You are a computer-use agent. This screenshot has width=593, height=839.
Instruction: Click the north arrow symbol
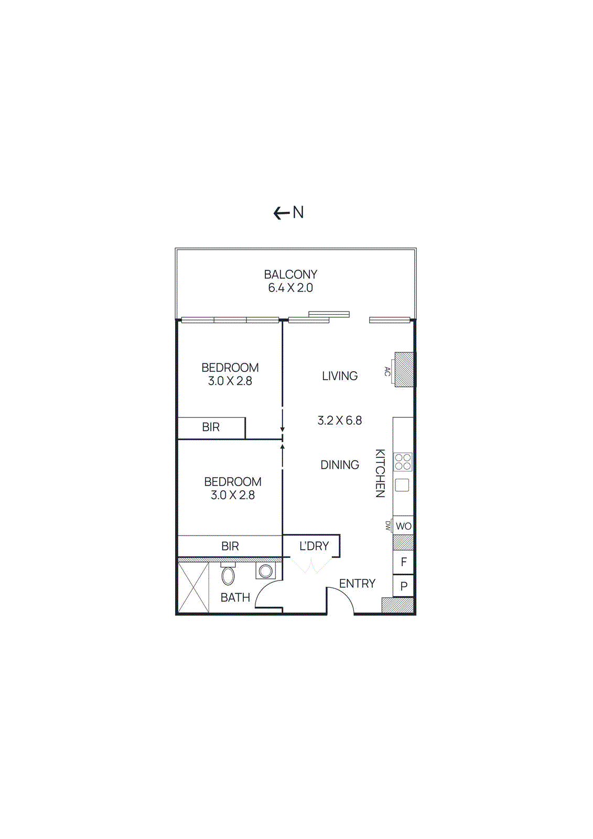pyautogui.click(x=282, y=213)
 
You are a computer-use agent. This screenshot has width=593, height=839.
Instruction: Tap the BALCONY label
pyautogui.click(x=290, y=274)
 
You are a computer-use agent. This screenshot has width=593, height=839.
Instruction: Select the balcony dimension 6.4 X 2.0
pyautogui.click(x=290, y=288)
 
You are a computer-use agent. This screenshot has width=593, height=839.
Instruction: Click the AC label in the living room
pyautogui.click(x=387, y=371)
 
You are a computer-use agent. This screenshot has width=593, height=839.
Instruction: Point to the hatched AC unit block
pyautogui.click(x=404, y=370)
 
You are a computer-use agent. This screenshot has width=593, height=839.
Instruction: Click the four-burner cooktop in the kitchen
pyautogui.click(x=403, y=462)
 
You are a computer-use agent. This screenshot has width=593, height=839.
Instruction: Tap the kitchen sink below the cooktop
pyautogui.click(x=402, y=485)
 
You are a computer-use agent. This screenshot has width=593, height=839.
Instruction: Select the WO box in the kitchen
pyautogui.click(x=403, y=526)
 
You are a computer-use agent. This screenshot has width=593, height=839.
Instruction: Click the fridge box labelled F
pyautogui.click(x=403, y=562)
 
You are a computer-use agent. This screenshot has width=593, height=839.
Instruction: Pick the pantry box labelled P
pyautogui.click(x=403, y=586)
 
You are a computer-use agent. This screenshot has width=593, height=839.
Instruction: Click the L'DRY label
pyautogui.click(x=314, y=546)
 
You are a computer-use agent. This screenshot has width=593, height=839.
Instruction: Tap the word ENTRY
pyautogui.click(x=357, y=584)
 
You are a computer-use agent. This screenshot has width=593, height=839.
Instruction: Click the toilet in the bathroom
pyautogui.click(x=228, y=575)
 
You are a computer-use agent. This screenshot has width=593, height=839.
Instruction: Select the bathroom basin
pyautogui.click(x=265, y=570)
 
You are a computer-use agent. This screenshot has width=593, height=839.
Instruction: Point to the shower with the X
pyautogui.click(x=193, y=587)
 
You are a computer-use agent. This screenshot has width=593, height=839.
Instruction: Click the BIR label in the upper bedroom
pyautogui.click(x=211, y=427)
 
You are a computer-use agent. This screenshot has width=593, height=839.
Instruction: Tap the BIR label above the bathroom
pyautogui.click(x=230, y=546)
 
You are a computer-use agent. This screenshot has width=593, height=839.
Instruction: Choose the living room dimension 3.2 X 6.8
pyautogui.click(x=340, y=421)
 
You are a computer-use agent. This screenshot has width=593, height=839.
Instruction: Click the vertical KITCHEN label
pyautogui.click(x=380, y=473)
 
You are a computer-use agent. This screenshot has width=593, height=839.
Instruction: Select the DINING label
pyautogui.click(x=340, y=465)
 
